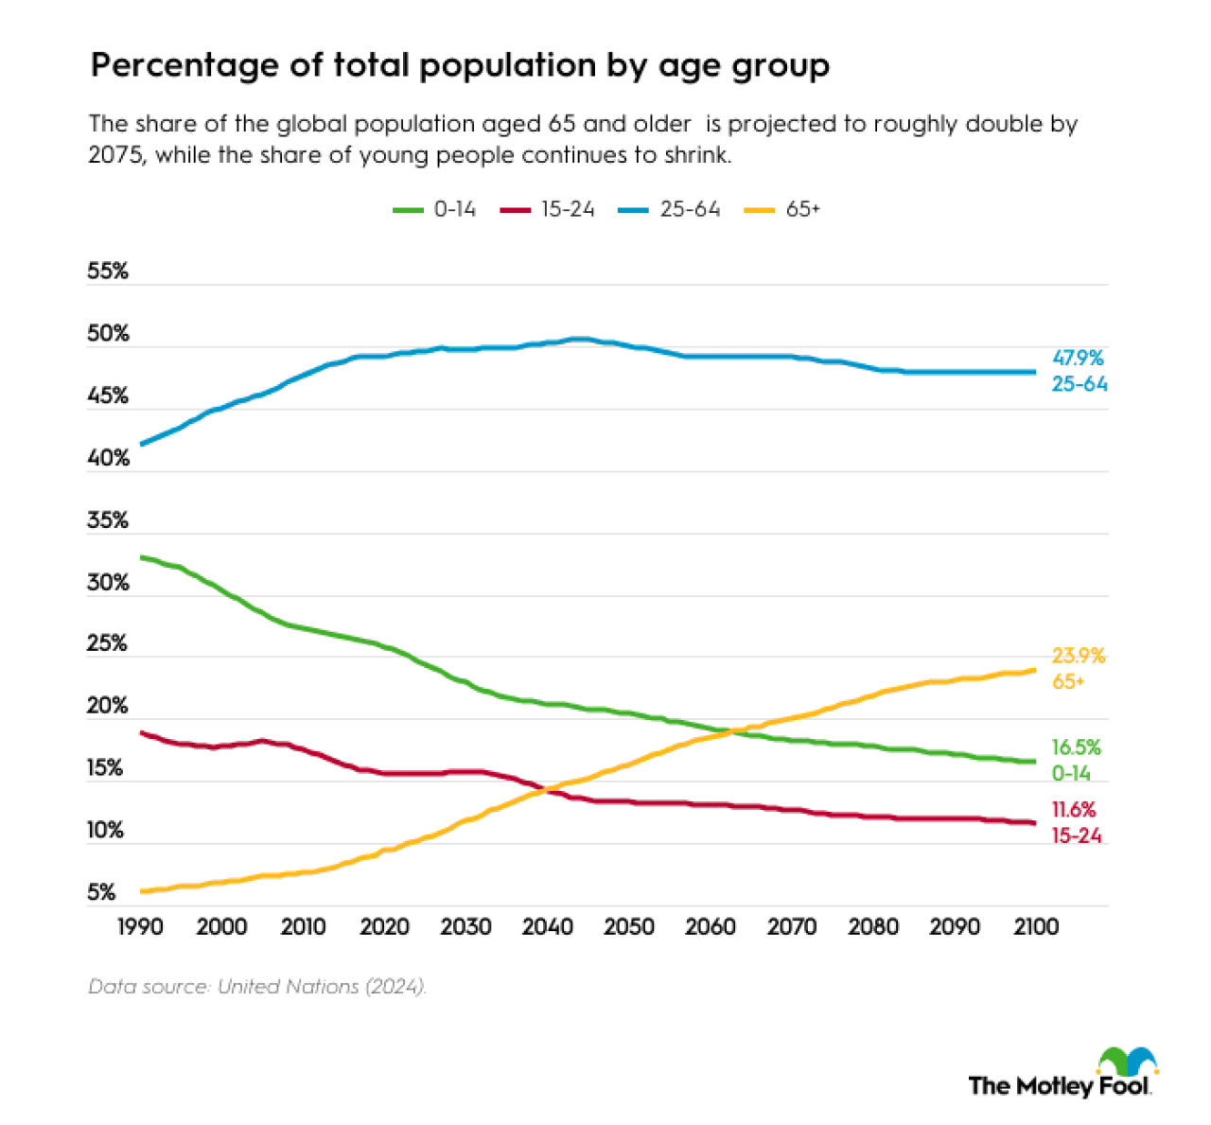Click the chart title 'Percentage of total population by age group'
click(460, 65)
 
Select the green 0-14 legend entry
click(435, 209)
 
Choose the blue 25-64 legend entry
click(670, 209)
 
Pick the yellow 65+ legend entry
click(785, 209)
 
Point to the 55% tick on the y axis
click(108, 272)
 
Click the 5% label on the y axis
click(101, 892)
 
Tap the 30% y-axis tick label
click(108, 583)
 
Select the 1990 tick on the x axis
click(140, 926)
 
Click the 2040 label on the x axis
click(547, 926)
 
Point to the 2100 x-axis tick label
click(1036, 926)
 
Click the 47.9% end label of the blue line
click(1078, 358)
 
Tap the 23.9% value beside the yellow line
click(1078, 656)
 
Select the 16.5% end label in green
click(1076, 747)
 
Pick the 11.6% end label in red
click(1074, 810)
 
